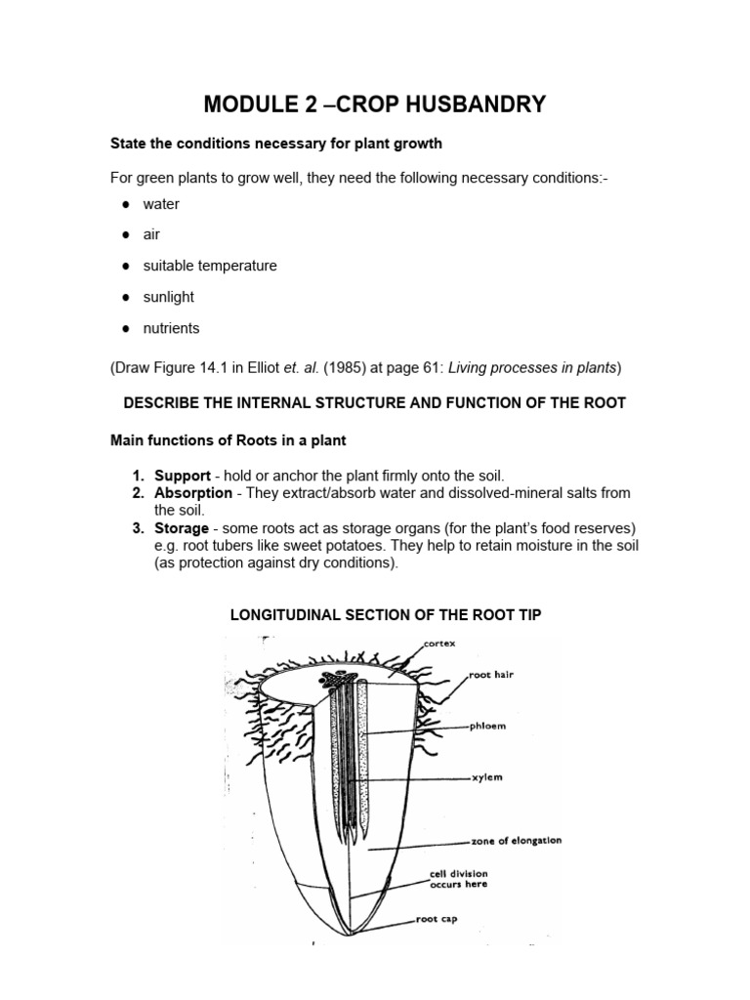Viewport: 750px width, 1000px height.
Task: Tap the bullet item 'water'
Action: click(x=161, y=204)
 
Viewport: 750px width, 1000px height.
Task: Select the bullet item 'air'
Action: click(x=151, y=234)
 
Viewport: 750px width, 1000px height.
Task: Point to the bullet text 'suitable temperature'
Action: click(x=210, y=266)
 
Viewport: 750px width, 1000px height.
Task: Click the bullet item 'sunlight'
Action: click(x=168, y=297)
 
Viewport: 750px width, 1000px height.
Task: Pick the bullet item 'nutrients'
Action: click(x=171, y=328)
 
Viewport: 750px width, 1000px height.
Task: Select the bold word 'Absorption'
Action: click(x=193, y=493)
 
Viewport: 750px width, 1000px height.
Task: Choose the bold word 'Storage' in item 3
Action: click(x=182, y=528)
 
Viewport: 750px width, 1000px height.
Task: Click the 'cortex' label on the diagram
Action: click(x=440, y=645)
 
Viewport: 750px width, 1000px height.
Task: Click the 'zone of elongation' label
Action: click(x=516, y=841)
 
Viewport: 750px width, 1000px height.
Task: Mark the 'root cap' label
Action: click(x=437, y=919)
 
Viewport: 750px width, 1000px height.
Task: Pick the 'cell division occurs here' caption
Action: click(x=458, y=879)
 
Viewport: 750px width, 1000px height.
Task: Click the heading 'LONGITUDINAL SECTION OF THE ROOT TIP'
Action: click(x=385, y=614)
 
